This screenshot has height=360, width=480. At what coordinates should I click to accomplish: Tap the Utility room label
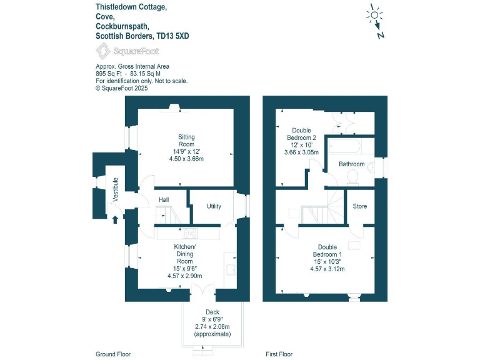pos(214,206)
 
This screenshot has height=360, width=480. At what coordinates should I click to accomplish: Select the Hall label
pos(164,199)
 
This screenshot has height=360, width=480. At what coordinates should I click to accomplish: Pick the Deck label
pos(212,312)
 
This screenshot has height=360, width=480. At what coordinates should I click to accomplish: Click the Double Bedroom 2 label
pos(301,134)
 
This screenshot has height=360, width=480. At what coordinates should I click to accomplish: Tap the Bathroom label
pos(351,164)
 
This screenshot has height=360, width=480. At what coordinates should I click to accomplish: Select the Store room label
pos(359,206)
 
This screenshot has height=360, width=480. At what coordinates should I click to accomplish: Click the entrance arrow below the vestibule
pos(114,219)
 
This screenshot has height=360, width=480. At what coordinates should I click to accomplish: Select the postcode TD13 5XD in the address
pos(173,36)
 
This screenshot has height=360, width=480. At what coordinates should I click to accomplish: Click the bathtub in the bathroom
pos(344,146)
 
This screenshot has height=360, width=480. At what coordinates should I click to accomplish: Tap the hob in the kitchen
pos(190,234)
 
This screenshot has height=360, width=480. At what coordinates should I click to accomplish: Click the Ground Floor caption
pos(113,354)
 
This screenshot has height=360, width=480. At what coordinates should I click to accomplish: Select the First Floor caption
pos(279,354)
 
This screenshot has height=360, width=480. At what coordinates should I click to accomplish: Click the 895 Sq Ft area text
pos(109,73)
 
